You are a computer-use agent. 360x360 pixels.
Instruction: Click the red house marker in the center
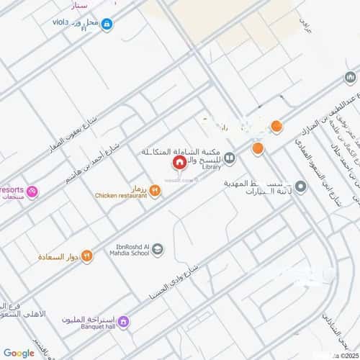click(178, 163)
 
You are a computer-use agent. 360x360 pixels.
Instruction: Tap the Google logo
click(18, 353)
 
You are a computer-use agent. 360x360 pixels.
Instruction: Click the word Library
click(211, 167)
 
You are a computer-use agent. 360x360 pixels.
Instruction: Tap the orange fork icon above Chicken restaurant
click(155, 189)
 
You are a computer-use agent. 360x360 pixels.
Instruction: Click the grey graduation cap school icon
click(158, 250)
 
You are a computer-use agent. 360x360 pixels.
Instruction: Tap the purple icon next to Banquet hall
click(123, 320)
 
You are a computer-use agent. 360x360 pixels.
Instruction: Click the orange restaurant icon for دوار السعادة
click(86, 254)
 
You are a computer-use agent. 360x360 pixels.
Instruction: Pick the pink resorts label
click(12, 189)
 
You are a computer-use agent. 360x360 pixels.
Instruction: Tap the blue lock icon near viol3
click(107, 24)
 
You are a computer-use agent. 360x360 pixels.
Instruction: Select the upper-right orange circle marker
click(276, 127)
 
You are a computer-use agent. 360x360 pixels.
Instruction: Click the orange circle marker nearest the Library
click(257, 149)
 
